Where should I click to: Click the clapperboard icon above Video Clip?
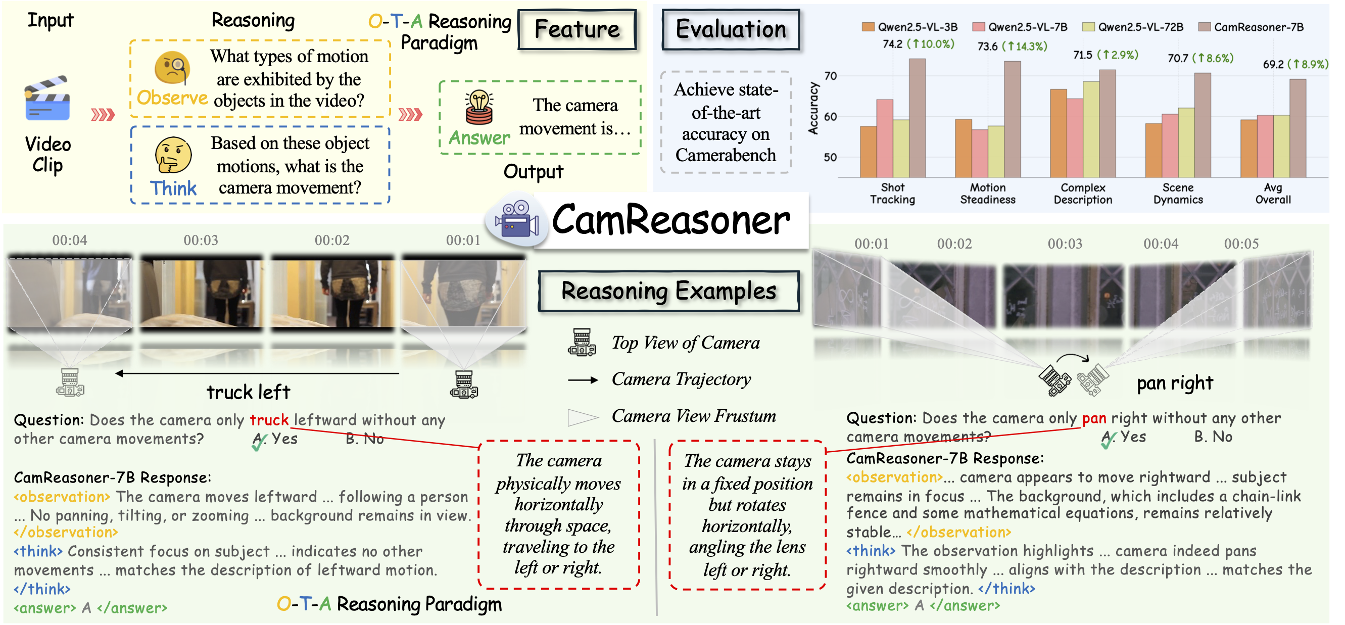(47, 99)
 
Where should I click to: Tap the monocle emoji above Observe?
(172, 68)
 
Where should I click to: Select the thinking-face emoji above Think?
(173, 155)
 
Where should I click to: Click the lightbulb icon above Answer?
(479, 108)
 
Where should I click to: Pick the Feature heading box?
(577, 30)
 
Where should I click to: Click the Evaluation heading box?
(731, 30)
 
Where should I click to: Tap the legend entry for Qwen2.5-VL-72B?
(1133, 27)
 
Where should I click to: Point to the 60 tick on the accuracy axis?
(830, 117)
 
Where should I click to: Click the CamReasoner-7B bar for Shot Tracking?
(918, 118)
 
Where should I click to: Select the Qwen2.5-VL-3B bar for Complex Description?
(1059, 133)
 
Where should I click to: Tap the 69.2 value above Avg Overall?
(1273, 64)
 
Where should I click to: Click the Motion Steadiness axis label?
(987, 193)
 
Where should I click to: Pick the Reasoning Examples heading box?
(668, 291)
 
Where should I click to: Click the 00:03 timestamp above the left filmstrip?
(201, 240)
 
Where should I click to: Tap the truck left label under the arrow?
(248, 392)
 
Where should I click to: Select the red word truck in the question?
(269, 420)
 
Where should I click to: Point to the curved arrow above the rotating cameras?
(1073, 358)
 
